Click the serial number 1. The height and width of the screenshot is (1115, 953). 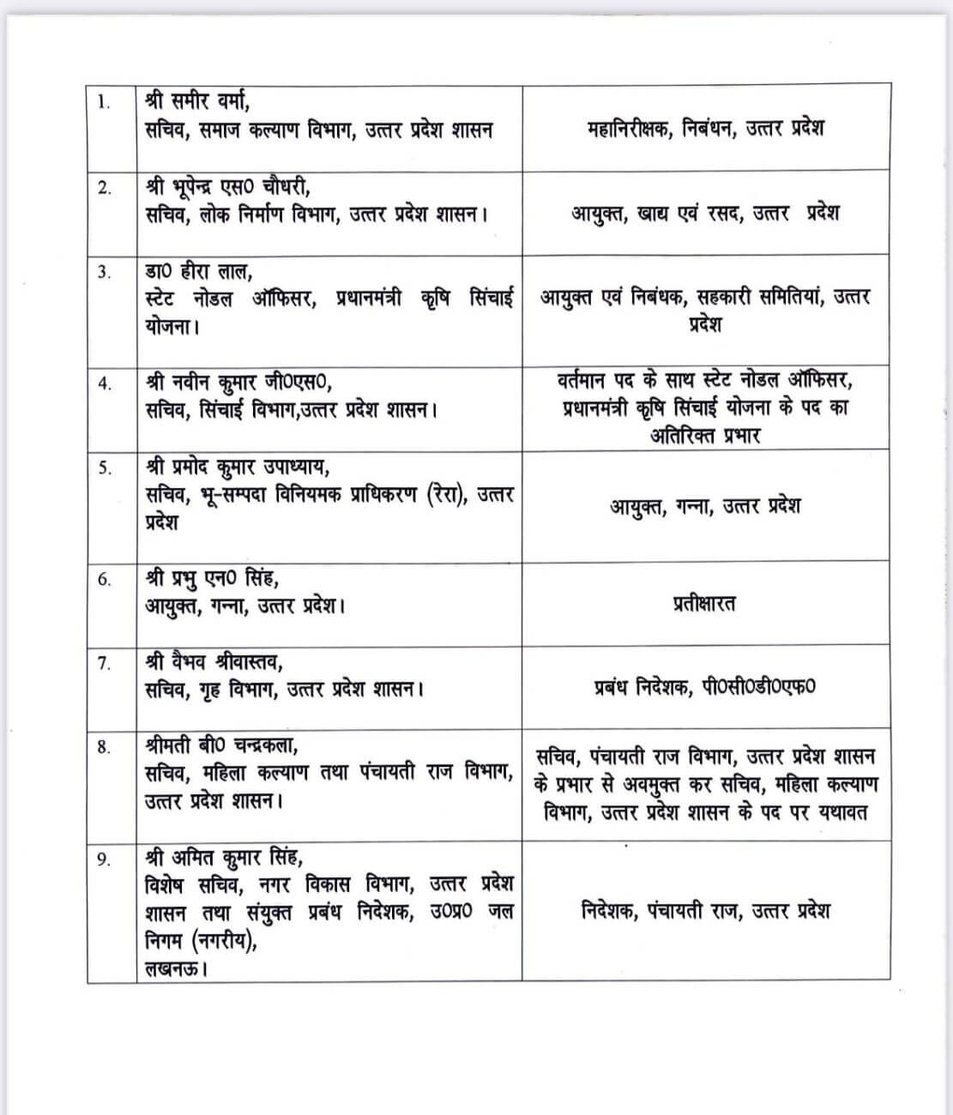(104, 103)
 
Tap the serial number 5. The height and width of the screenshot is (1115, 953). (104, 469)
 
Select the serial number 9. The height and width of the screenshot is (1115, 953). (104, 860)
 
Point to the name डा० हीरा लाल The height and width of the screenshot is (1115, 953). (196, 272)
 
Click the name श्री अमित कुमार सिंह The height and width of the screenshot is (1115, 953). (223, 858)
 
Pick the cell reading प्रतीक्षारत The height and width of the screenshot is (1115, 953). (703, 603)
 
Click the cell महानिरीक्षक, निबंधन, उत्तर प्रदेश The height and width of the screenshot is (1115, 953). (705, 129)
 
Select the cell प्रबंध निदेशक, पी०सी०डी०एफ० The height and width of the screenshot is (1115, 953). (704, 687)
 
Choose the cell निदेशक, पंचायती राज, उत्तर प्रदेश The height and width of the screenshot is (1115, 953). (705, 911)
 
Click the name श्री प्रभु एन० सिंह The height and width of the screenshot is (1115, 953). (211, 579)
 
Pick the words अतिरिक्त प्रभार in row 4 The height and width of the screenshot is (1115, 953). (705, 435)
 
